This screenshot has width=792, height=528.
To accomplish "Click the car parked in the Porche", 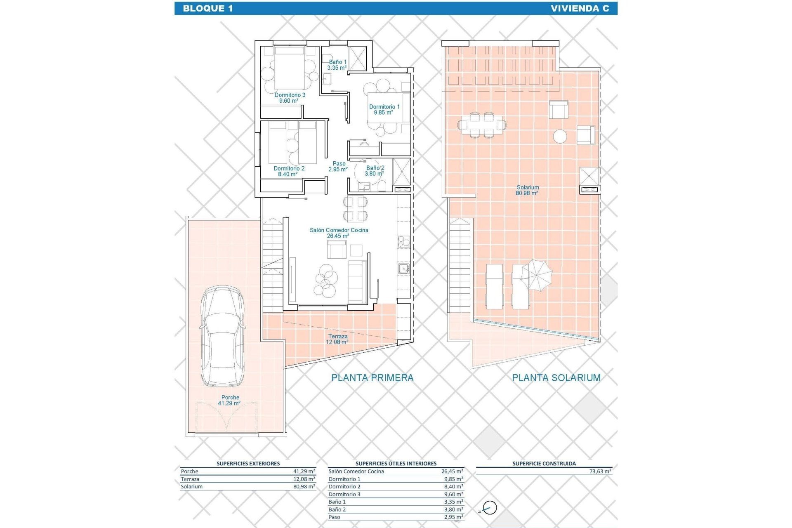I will pos(222,336).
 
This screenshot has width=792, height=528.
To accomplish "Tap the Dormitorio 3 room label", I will pos(290,98).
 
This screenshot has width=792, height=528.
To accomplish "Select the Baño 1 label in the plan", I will pos(337,65).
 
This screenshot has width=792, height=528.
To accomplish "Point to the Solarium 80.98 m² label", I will pos(527,190).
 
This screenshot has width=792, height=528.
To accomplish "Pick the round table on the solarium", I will pos(560,136).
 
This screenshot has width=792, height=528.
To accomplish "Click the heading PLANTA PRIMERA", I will pos(372,377).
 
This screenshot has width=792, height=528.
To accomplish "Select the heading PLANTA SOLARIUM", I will pos(556,377).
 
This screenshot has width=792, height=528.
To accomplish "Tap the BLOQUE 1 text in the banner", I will pos(207,8).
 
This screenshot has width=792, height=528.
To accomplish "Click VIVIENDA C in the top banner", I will pos(580,8).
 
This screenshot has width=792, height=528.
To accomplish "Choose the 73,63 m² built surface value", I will pos(600,471).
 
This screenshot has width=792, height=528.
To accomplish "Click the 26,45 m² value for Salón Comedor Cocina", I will pos(452,471).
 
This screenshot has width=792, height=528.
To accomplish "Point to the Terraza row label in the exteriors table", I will pos(190,479).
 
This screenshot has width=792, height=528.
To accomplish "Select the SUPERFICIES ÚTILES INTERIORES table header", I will pos(396,464).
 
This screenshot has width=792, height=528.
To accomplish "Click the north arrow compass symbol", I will pos(489,508).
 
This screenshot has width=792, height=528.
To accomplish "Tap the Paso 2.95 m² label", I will pos(339,167).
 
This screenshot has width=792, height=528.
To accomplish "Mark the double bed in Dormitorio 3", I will pos(289,68).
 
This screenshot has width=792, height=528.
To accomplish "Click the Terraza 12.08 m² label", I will pos(337,339).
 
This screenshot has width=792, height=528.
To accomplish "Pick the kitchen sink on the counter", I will pos(404,269).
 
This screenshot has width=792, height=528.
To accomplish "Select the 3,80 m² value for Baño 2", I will pos(453,509).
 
